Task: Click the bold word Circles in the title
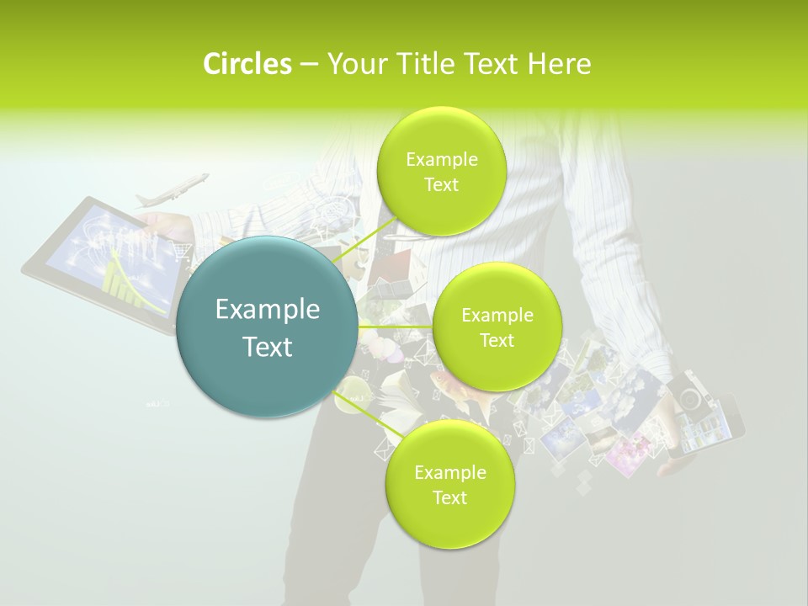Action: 247,64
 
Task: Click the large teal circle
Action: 268,327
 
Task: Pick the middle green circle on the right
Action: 497,327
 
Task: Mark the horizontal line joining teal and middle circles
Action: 396,327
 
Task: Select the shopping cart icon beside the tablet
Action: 182,250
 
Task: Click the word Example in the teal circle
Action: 268,310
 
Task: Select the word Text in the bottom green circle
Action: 449,497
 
